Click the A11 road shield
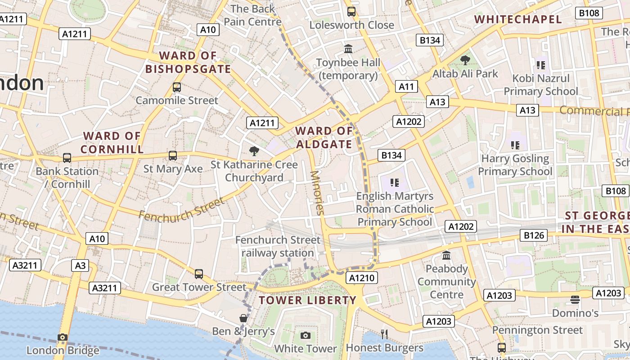pyautogui.click(x=406, y=86)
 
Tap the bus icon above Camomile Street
pyautogui.click(x=177, y=87)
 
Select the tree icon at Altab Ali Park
pyautogui.click(x=465, y=60)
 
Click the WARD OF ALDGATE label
pyautogui.click(x=324, y=138)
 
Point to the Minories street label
pyautogui.click(x=317, y=193)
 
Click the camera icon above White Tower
pyautogui.click(x=306, y=336)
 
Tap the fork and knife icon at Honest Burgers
pyautogui.click(x=384, y=334)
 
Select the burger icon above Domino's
pyautogui.click(x=575, y=299)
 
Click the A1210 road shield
pyautogui.click(x=362, y=278)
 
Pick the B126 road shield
pyautogui.click(x=534, y=235)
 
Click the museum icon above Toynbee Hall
pyautogui.click(x=348, y=49)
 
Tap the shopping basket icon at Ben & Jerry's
pyautogui.click(x=243, y=318)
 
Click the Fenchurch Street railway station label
pyautogui.click(x=278, y=246)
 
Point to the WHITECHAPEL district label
pyautogui.click(x=518, y=19)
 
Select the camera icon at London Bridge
pyautogui.click(x=63, y=337)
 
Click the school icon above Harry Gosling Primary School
pyautogui.click(x=515, y=145)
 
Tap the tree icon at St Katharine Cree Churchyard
pyautogui.click(x=254, y=151)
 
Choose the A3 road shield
pyautogui.click(x=80, y=265)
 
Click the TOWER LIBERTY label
pyautogui.click(x=307, y=300)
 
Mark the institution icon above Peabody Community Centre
pyautogui.click(x=446, y=256)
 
